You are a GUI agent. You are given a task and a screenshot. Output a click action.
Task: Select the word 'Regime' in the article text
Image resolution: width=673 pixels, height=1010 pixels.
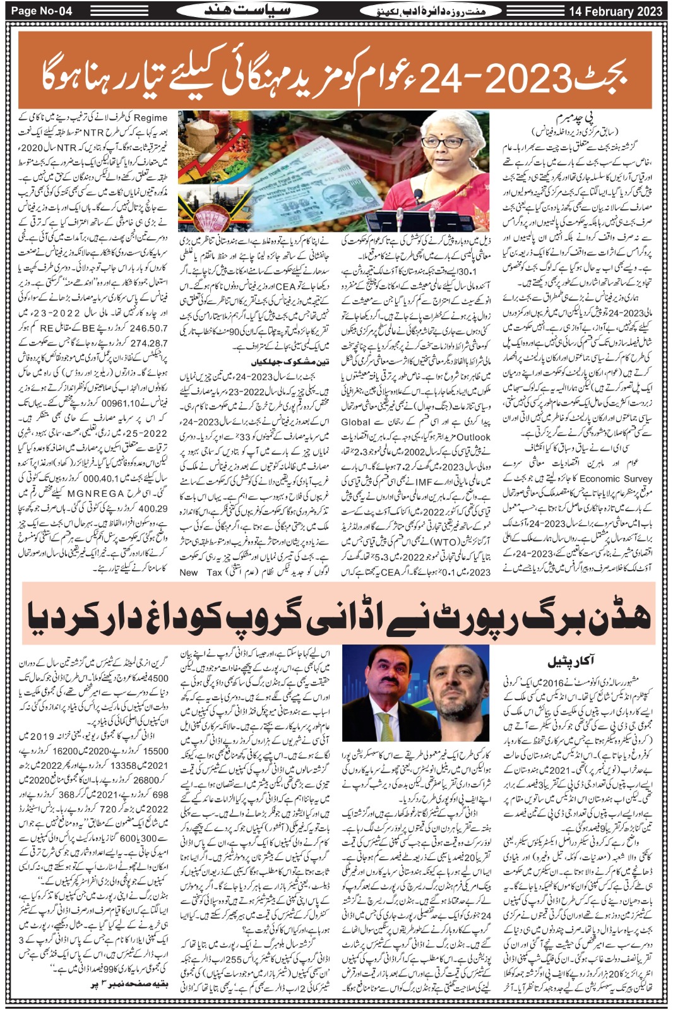point(152,117)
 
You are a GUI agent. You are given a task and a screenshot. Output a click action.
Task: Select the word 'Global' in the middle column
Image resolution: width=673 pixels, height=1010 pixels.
point(356,422)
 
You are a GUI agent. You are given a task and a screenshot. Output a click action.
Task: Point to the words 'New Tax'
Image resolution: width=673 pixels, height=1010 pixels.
point(201,573)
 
